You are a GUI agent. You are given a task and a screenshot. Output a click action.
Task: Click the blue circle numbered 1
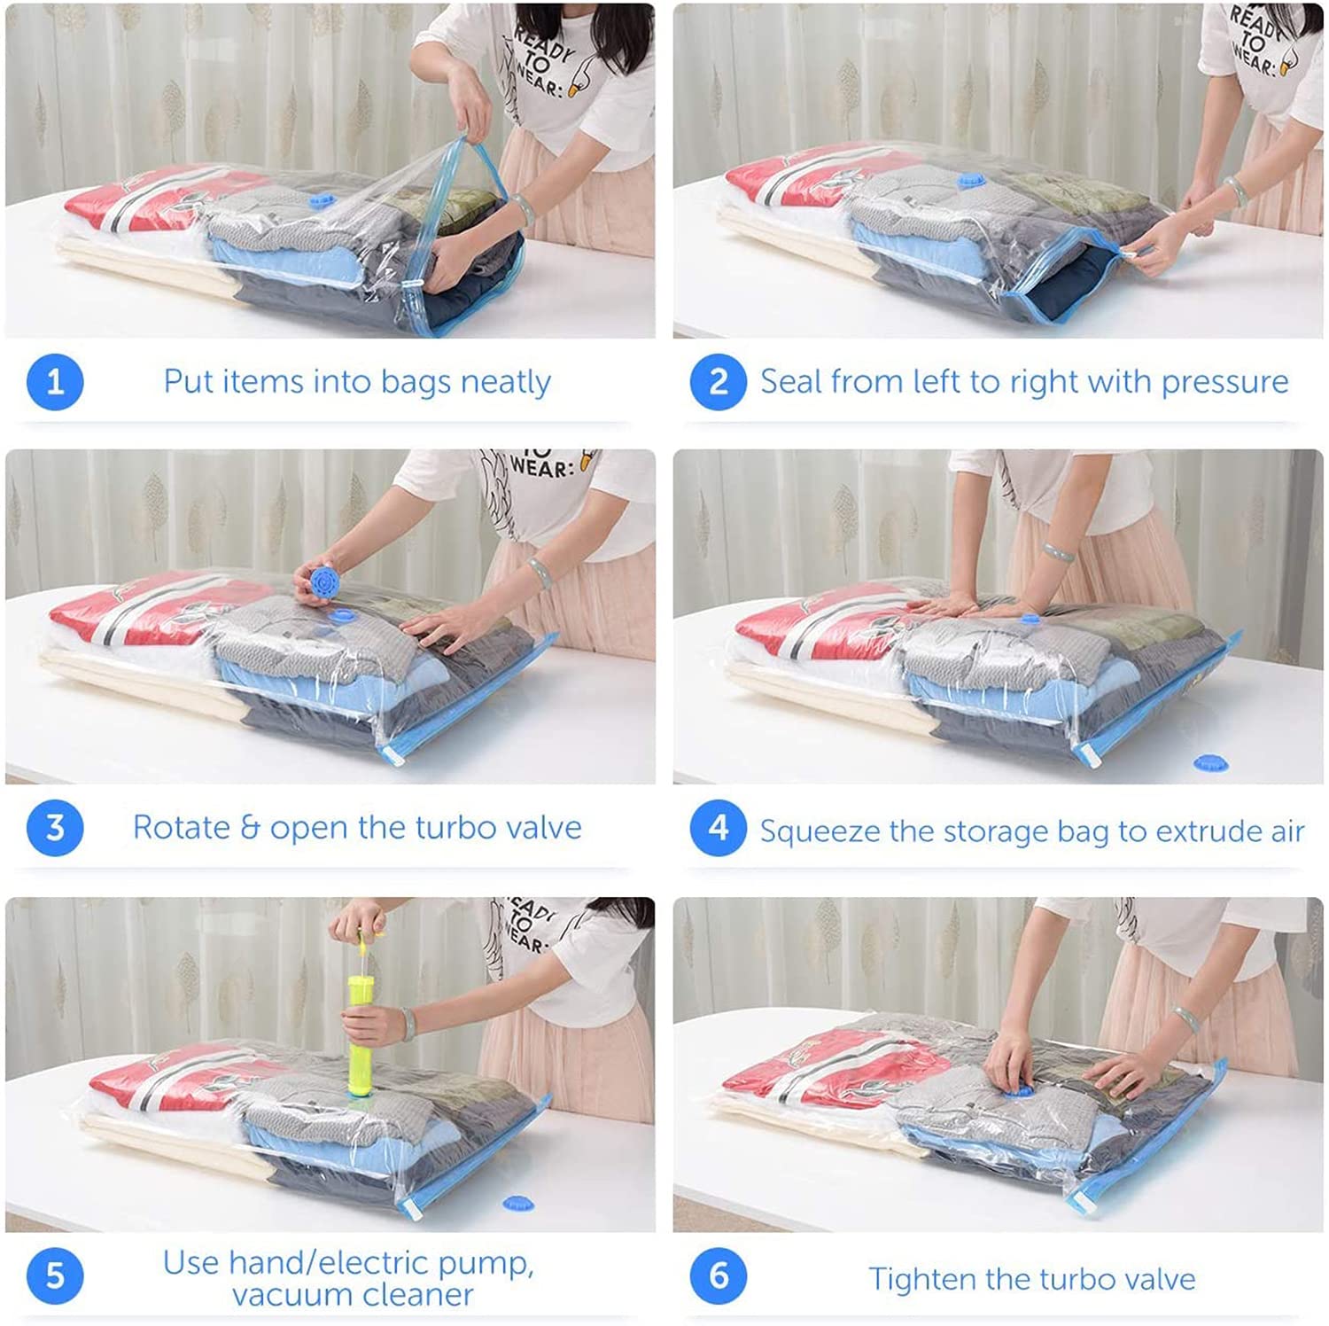(55, 382)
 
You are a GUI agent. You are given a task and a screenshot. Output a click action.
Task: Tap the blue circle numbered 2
(718, 382)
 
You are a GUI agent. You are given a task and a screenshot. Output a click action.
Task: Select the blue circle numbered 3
(55, 828)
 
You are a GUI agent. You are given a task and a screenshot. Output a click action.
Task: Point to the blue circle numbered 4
(718, 828)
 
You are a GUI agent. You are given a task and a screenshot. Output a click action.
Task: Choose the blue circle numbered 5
(55, 1275)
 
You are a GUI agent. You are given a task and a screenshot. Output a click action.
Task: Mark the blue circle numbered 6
(718, 1275)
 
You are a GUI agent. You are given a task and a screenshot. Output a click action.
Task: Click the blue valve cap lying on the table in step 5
(518, 1203)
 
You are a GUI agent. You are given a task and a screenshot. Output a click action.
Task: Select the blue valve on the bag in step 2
(971, 182)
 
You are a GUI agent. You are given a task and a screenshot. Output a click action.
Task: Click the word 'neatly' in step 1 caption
(505, 382)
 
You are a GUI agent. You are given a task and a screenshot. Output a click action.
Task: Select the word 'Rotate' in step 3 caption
(181, 828)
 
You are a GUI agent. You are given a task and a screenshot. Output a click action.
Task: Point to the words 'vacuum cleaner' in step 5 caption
(353, 1295)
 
